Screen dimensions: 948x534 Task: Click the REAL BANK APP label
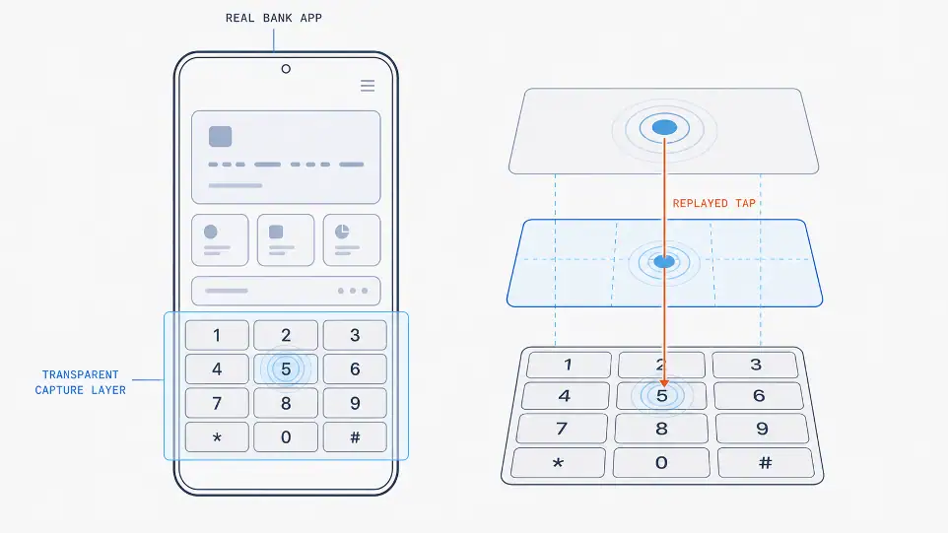[x=273, y=18]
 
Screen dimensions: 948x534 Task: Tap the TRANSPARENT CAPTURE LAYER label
[x=81, y=382]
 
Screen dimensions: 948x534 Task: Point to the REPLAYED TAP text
[x=714, y=203]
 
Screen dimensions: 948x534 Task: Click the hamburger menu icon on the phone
[x=368, y=86]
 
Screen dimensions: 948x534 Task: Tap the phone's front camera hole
[x=286, y=69]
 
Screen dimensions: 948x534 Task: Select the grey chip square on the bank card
[x=220, y=137]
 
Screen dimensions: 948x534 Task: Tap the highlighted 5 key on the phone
[x=286, y=368]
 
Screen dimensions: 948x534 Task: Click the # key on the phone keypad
[x=355, y=437]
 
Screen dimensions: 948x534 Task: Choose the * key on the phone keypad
[x=217, y=437]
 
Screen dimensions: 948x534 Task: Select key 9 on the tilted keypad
[x=761, y=429]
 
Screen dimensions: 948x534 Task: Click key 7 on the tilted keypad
[x=562, y=429]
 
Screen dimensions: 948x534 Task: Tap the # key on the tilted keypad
[x=766, y=463]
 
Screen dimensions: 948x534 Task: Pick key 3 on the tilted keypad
[x=755, y=365]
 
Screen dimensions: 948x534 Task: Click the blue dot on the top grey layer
[x=664, y=127]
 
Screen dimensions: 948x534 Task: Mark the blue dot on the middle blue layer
[x=664, y=262]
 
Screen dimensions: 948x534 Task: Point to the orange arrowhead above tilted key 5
[x=664, y=383]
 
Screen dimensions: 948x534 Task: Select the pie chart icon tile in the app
[x=352, y=240]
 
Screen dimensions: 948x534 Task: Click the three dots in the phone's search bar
[x=353, y=291]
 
